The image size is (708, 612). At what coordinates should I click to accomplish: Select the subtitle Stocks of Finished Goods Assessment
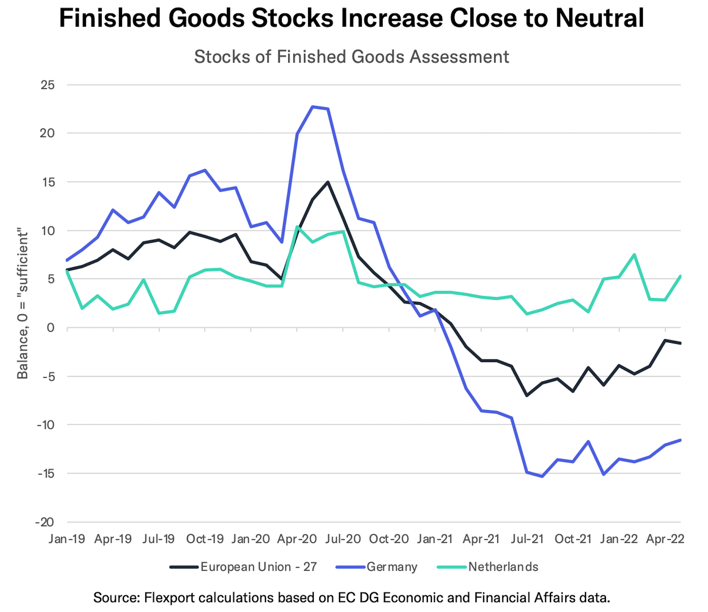(351, 57)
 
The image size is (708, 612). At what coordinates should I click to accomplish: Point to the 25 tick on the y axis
(48, 85)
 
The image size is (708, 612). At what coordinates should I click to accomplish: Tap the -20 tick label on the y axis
(45, 522)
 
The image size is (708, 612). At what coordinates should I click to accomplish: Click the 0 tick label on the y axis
(50, 328)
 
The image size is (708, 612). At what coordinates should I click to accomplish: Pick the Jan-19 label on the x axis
(67, 539)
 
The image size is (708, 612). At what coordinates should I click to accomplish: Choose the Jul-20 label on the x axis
(343, 539)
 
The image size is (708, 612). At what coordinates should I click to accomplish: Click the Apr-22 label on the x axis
(665, 539)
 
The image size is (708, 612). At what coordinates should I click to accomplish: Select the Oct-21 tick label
(573, 539)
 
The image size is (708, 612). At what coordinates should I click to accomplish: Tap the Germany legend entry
(391, 567)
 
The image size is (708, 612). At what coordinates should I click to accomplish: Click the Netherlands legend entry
(503, 567)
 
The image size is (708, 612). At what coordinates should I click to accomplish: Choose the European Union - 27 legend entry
(258, 567)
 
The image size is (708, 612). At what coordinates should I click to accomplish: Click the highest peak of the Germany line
(313, 107)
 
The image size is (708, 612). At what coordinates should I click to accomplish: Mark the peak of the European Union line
(328, 182)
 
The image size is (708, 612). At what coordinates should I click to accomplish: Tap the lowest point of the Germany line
(542, 476)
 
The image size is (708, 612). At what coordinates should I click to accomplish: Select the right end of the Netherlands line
(680, 276)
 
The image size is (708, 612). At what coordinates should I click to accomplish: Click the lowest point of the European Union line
(527, 395)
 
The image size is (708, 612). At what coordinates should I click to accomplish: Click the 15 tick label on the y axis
(48, 182)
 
